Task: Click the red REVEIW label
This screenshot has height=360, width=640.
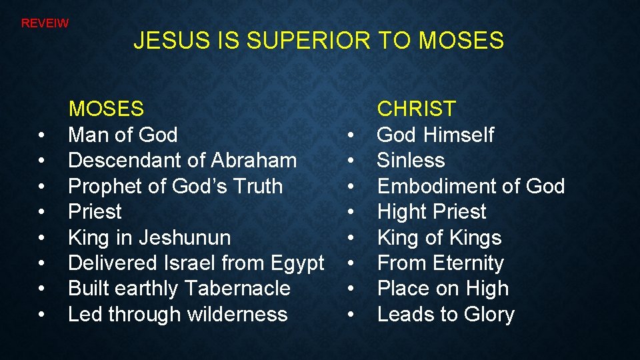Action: click(45, 23)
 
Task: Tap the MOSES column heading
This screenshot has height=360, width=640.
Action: click(106, 109)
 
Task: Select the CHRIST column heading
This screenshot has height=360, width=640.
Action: click(417, 109)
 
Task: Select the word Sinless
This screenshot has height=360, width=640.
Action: click(411, 161)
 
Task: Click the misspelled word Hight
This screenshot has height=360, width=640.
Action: click(401, 213)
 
